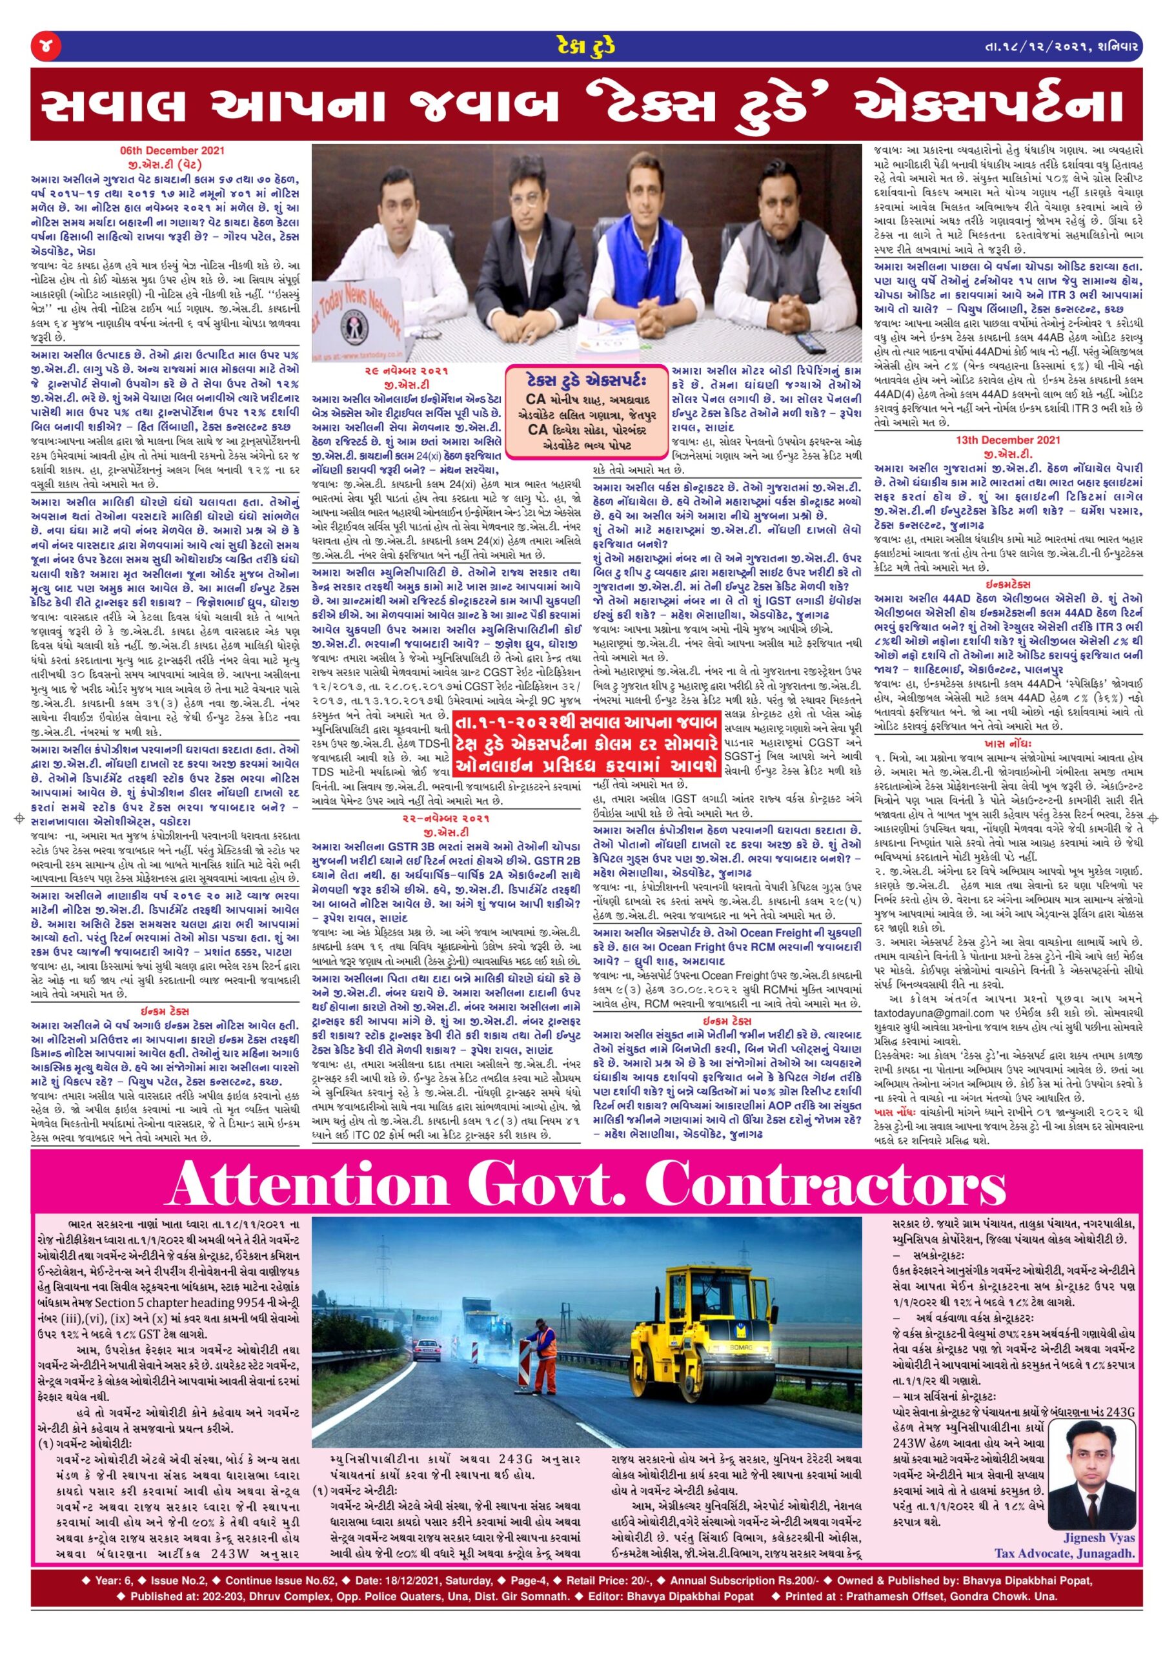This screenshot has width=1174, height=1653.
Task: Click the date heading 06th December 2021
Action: (x=172, y=151)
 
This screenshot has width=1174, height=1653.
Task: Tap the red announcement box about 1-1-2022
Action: (x=588, y=743)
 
